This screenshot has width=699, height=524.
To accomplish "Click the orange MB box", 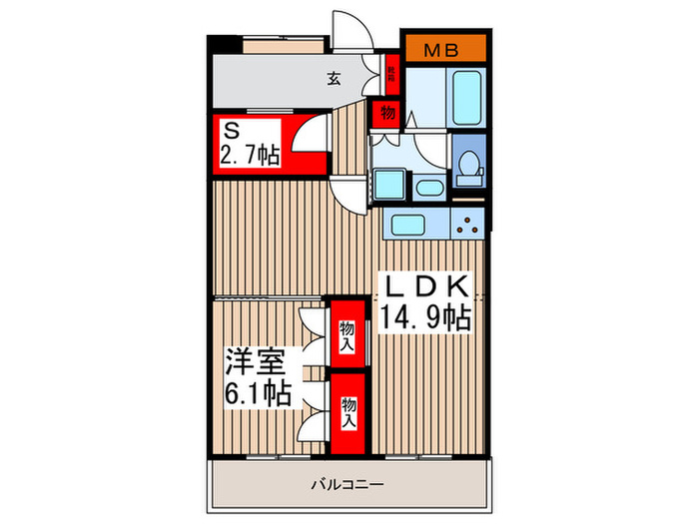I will (x=444, y=47).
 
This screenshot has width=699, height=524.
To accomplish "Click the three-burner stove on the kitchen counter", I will (x=467, y=224).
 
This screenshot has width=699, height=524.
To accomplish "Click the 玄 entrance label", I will (x=335, y=79).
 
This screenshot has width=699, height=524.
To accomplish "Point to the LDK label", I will (x=424, y=287).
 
